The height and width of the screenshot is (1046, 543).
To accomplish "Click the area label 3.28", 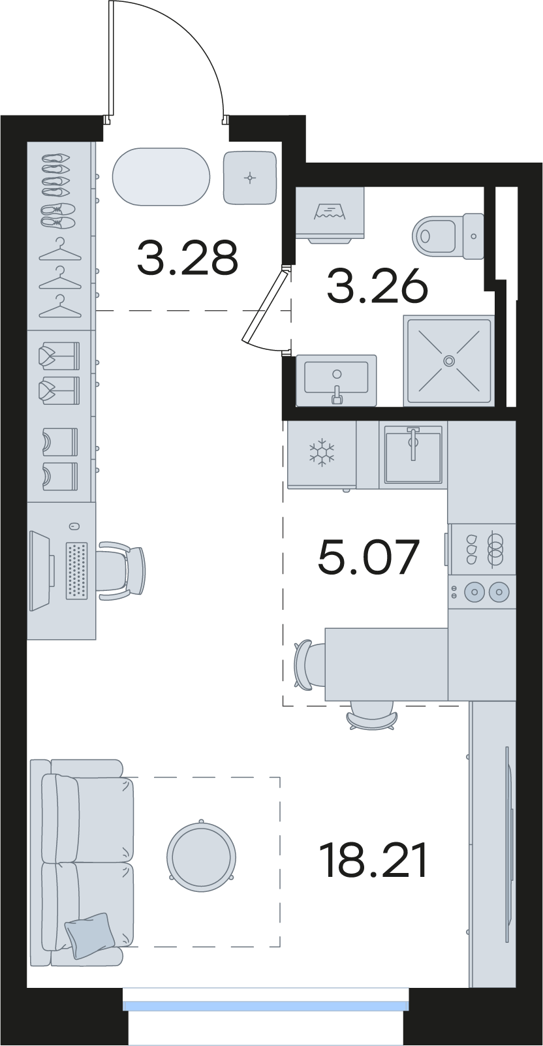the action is (188, 257).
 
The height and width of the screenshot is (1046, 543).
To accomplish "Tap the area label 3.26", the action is (377, 286).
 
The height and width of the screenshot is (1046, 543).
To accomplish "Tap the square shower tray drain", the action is (449, 360).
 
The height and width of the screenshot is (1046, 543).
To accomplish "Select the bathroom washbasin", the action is (336, 380).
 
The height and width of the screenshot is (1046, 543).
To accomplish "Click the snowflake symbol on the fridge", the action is (322, 452).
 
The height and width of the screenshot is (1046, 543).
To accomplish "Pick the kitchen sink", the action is (413, 454).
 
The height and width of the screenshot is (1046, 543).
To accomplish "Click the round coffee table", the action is (201, 857).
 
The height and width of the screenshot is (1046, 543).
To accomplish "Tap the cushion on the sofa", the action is (89, 935).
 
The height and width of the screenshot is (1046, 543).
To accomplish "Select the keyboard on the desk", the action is (77, 571).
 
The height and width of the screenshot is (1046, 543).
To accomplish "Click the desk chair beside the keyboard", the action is (122, 571).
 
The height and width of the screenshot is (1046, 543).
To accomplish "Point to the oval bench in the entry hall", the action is (161, 176).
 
